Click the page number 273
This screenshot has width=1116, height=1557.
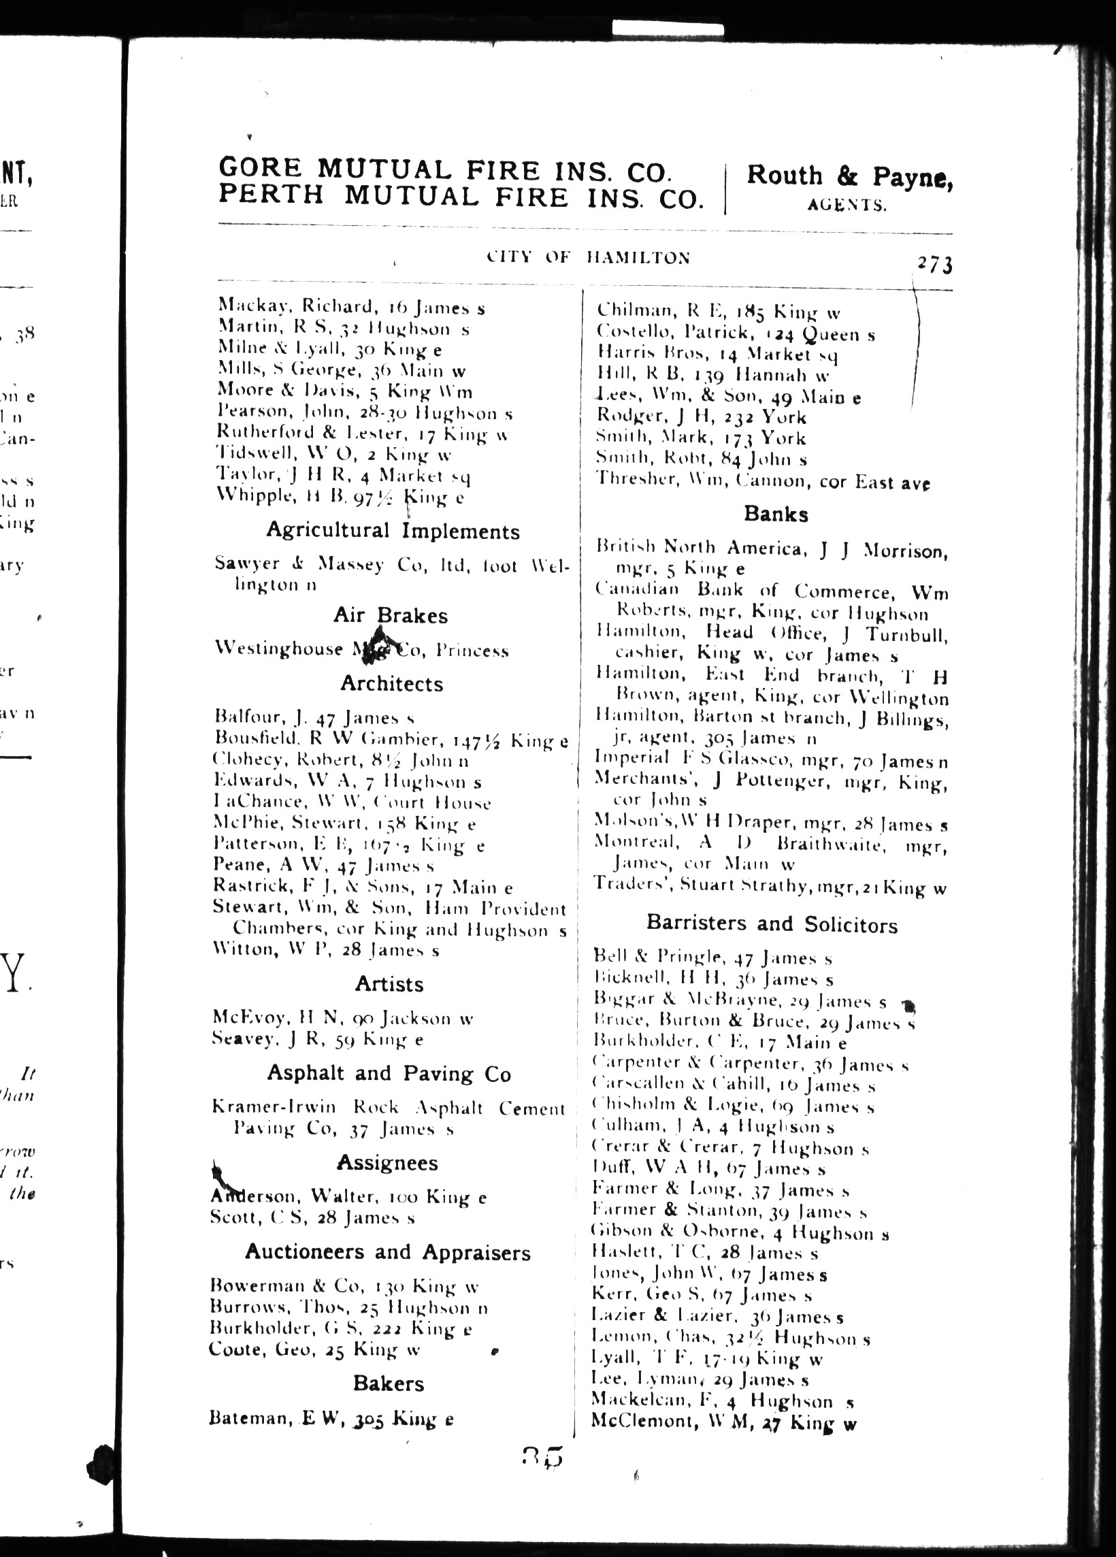pos(934,264)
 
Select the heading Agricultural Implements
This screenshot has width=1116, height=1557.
pos(393,531)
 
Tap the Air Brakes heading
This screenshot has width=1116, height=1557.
pos(390,615)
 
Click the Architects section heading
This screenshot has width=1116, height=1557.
pos(391,684)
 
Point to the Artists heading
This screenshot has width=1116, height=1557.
pos(389,985)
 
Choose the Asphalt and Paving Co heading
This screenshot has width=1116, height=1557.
pos(389,1074)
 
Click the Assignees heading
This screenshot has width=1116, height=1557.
pos(387,1163)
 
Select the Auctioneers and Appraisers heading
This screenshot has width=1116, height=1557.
pos(388,1253)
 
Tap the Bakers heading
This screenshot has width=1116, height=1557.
pos(389,1383)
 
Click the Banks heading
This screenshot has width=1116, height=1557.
pos(776,514)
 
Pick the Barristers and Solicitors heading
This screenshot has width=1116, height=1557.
pos(772,924)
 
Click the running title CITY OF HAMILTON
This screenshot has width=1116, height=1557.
pos(588,257)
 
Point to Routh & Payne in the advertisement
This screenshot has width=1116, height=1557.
pos(849,176)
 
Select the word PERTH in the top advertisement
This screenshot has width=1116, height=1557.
pos(270,197)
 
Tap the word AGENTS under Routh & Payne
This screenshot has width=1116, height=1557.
pos(847,205)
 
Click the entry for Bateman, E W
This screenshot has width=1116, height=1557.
pos(331,1419)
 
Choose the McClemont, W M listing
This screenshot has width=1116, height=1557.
pos(723,1422)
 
